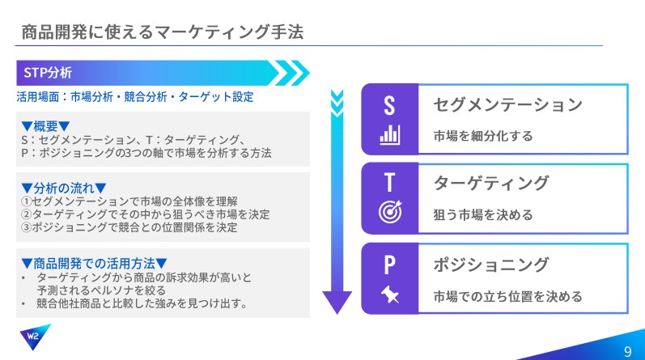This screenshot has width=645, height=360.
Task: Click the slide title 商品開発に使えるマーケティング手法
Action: tap(162, 32)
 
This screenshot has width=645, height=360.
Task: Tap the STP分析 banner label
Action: tap(48, 73)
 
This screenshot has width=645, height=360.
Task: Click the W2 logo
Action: tap(35, 337)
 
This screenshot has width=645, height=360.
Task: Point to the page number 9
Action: tap(628, 351)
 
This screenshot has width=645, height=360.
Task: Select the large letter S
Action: tap(389, 105)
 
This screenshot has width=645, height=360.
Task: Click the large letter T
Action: tap(389, 182)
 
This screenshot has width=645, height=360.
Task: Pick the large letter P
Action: tap(389, 265)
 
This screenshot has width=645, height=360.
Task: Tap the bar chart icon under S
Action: tap(389, 134)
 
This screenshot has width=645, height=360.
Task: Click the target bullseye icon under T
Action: tap(390, 211)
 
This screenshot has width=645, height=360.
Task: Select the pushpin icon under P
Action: tap(390, 294)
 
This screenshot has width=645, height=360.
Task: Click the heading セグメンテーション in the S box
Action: tap(507, 104)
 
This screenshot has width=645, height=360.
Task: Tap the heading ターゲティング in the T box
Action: tap(491, 183)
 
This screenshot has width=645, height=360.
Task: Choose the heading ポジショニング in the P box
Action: tap(491, 265)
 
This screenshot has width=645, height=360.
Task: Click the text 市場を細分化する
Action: tap(483, 136)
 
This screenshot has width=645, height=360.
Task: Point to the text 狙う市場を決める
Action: tap(483, 214)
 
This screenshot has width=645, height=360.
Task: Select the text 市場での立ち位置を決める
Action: tap(507, 296)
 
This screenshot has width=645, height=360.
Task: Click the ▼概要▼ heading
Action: tap(45, 126)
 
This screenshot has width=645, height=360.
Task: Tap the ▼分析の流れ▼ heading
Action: tap(64, 188)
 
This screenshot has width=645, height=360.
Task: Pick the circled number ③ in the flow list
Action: tap(27, 227)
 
